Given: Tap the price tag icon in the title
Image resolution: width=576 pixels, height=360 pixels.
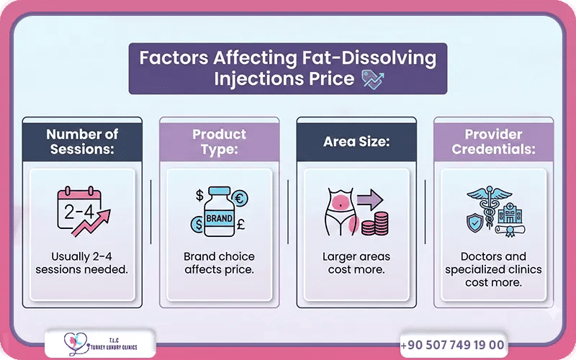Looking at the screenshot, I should [372, 79].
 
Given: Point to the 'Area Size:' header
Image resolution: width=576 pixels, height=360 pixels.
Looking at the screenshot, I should [356, 141].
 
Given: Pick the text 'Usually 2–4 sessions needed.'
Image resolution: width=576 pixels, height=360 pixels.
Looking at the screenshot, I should [83, 263].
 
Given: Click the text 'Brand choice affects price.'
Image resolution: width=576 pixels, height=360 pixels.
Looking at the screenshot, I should [219, 263].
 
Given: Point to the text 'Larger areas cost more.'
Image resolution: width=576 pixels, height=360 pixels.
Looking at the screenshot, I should [356, 263].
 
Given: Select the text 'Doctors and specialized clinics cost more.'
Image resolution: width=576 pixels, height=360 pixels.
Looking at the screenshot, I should [494, 269].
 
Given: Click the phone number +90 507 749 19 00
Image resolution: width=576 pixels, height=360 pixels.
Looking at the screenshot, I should [452, 346].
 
